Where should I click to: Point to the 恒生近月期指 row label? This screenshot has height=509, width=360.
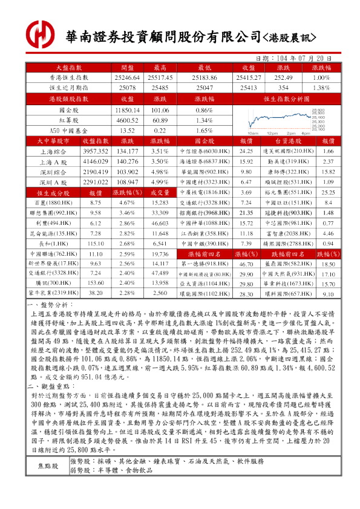[69, 88]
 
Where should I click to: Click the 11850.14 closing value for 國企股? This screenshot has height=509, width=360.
[127, 111]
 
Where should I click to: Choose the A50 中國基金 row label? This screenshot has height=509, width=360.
[69, 130]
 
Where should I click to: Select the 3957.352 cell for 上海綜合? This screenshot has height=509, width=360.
[95, 151]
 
